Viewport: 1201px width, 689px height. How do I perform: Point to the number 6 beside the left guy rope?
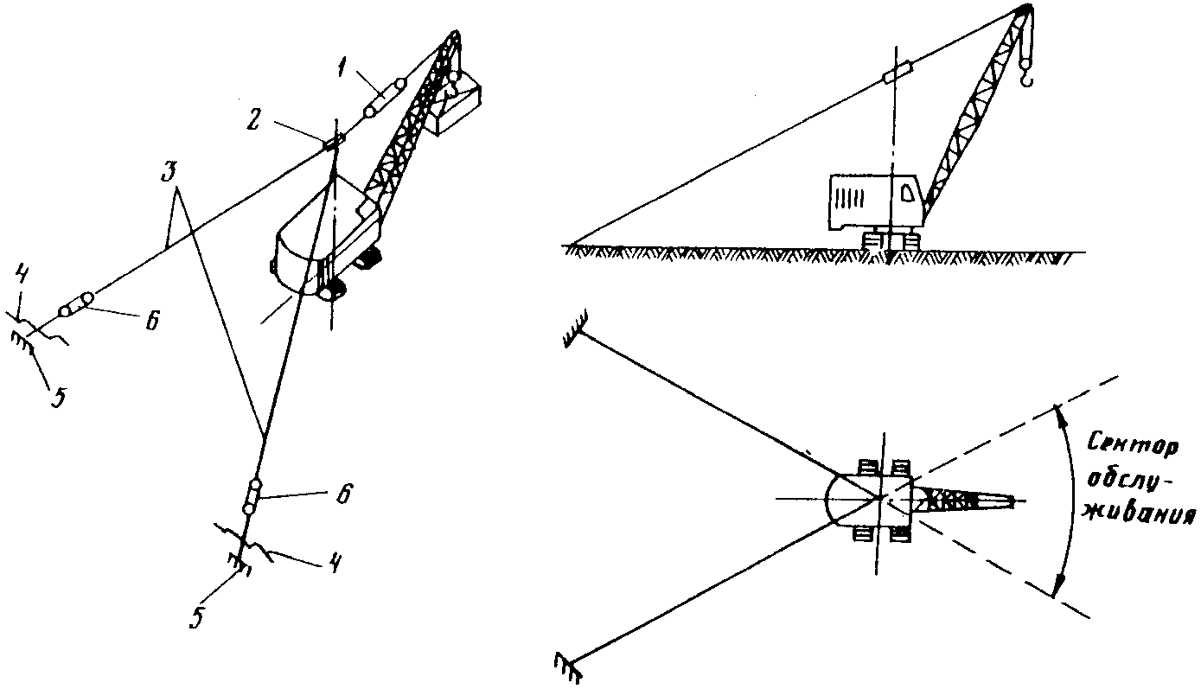click(152, 320)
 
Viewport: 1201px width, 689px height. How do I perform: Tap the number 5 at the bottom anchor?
click(197, 617)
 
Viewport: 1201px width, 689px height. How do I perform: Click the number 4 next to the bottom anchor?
click(334, 563)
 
